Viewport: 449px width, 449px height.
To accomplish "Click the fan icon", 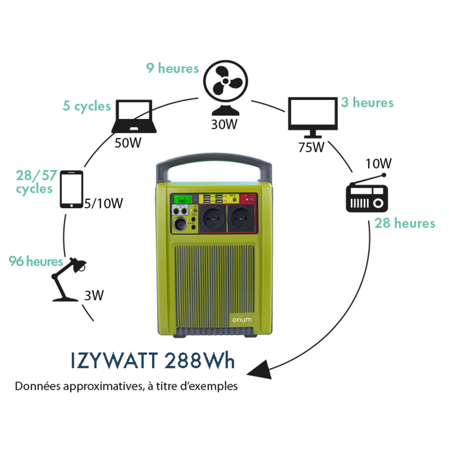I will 225,87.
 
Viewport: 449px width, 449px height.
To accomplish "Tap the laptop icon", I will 134,116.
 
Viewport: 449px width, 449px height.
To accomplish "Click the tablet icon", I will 71,189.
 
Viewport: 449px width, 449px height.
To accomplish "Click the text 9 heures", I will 172,68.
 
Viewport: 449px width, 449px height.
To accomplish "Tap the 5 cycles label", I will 87,106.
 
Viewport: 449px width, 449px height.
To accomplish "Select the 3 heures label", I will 367,103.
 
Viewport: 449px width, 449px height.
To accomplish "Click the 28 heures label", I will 405,223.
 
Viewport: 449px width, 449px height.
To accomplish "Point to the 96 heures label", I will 36,261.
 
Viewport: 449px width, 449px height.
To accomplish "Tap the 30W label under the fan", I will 224,124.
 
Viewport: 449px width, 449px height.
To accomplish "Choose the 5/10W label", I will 104,204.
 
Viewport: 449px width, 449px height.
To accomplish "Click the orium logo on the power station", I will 242,320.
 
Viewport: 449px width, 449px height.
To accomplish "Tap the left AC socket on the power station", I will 213,218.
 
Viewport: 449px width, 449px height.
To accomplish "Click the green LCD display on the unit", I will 182,199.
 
